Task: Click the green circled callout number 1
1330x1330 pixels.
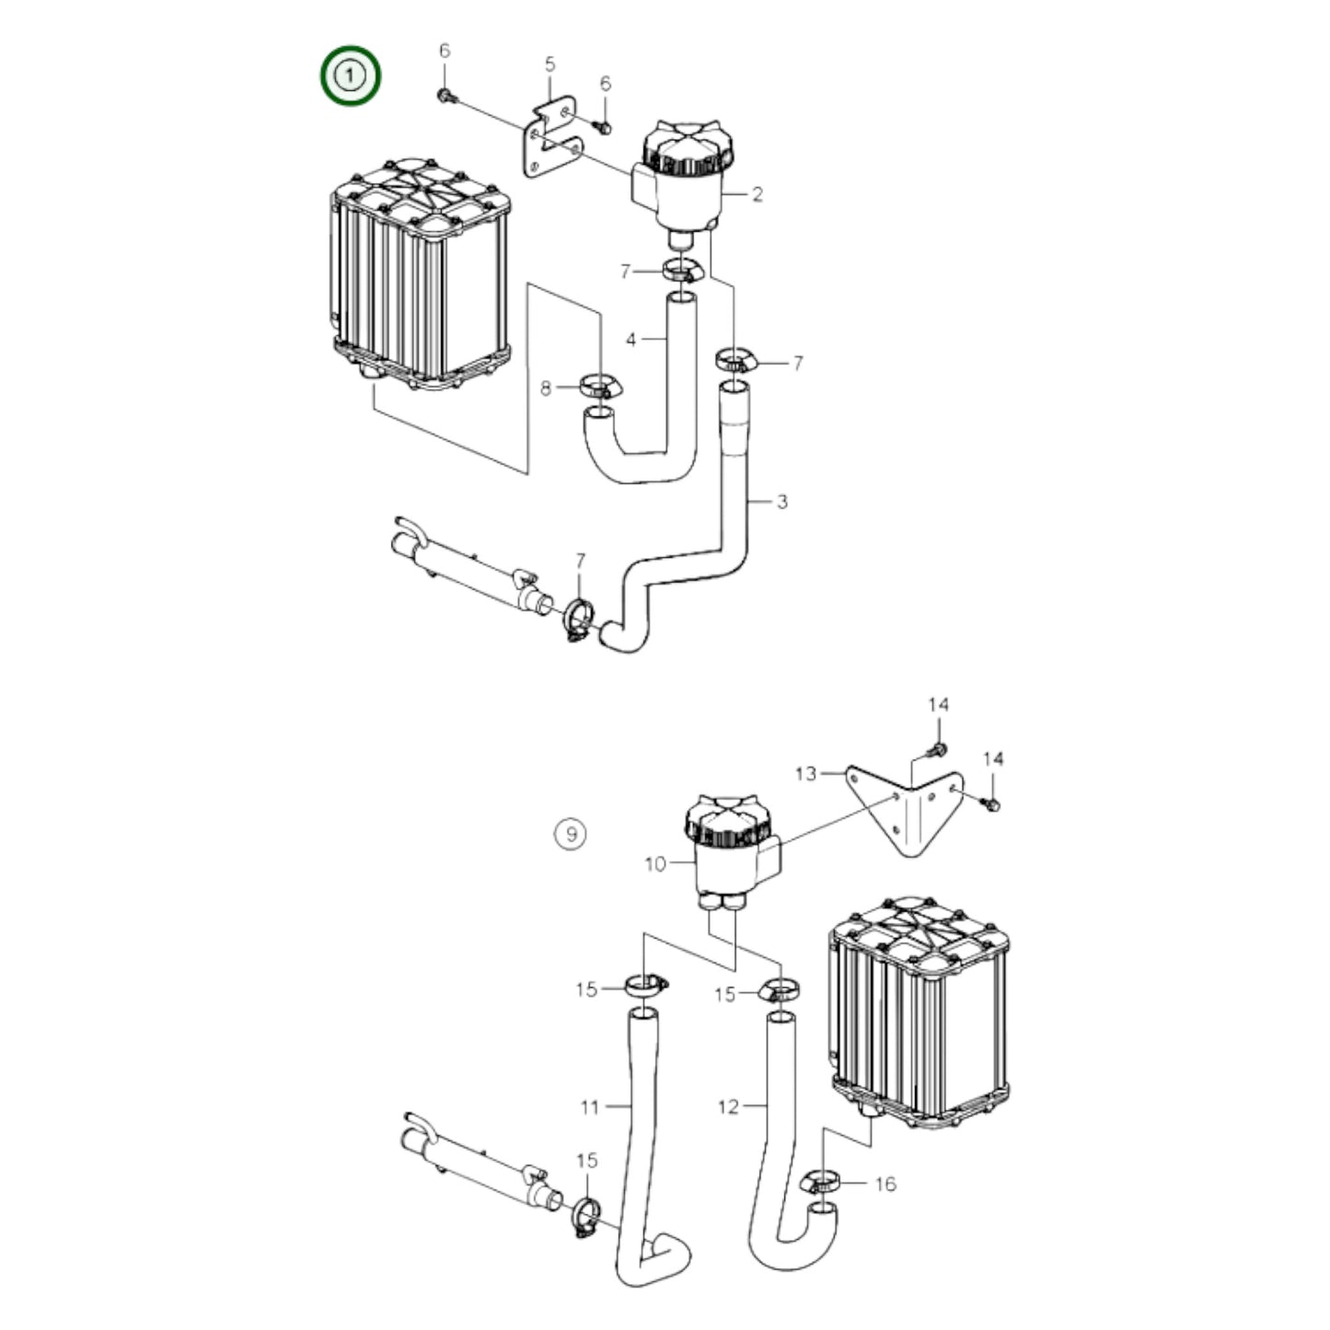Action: coord(350,75)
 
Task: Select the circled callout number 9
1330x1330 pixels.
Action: coord(571,834)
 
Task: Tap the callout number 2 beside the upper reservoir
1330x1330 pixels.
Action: coord(757,194)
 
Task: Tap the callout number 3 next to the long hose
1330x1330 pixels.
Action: coord(781,502)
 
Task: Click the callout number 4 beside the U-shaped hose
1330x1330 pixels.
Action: coord(630,340)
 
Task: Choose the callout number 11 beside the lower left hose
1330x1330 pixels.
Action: coord(590,1106)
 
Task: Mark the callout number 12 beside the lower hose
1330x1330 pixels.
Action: coord(727,1106)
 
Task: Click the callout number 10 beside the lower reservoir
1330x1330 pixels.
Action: coord(654,864)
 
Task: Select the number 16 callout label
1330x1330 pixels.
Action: coord(885,1184)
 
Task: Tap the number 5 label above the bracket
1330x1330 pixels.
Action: coord(550,64)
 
